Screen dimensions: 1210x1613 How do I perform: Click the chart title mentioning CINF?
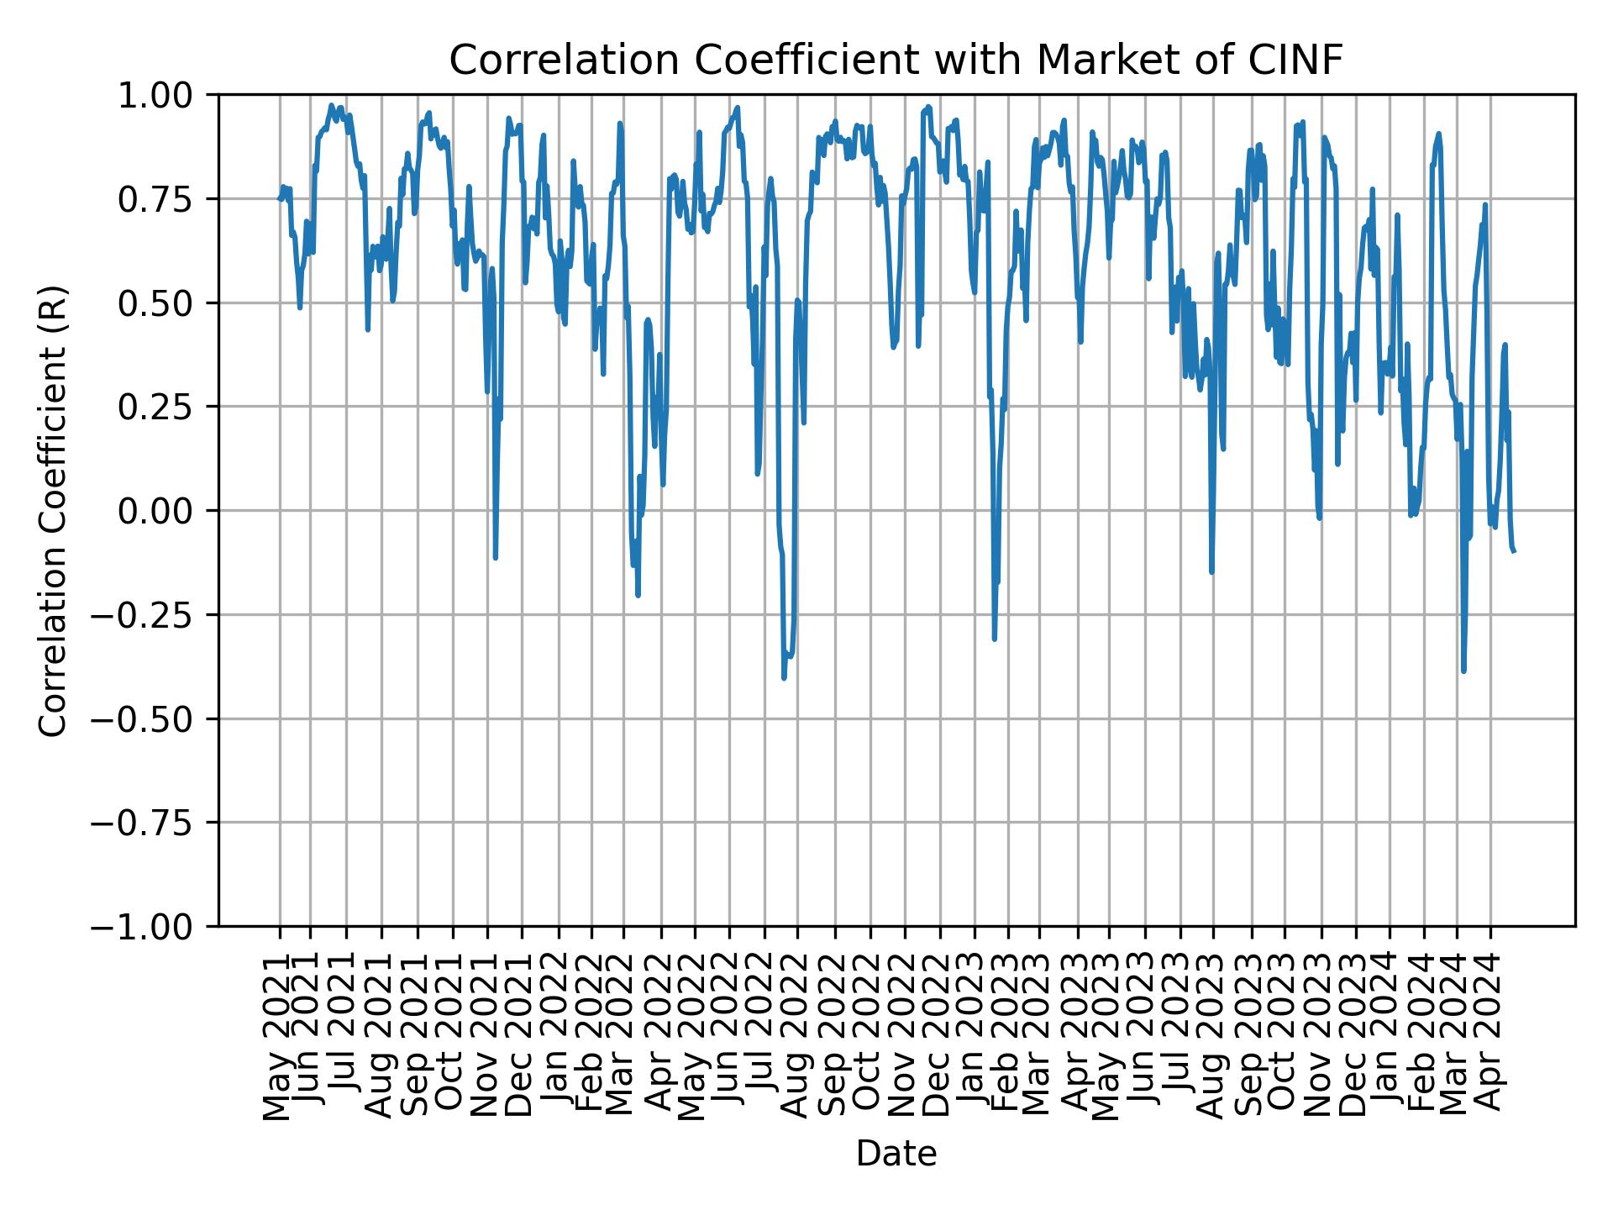[x=896, y=60]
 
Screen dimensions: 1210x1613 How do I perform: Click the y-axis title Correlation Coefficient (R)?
[x=52, y=510]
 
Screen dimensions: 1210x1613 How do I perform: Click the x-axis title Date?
[x=896, y=1155]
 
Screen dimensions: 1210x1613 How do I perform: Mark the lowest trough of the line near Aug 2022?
[x=784, y=677]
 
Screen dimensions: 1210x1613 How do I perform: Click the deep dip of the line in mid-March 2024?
[x=1463, y=671]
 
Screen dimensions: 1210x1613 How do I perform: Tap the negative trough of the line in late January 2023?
[x=994, y=639]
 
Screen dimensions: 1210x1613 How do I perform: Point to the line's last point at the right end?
[x=1514, y=551]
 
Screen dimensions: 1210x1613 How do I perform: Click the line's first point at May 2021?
[x=279, y=199]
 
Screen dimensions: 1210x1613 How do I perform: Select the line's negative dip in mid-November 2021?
[x=496, y=557]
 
